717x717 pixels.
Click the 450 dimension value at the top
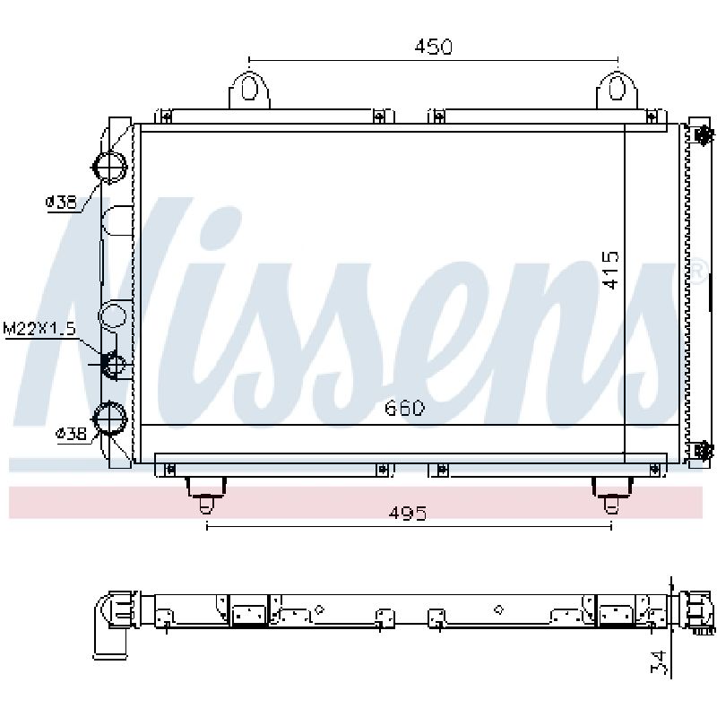point(433,47)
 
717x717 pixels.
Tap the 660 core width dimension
point(404,408)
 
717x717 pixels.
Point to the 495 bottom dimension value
point(408,513)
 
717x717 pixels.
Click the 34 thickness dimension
point(660,662)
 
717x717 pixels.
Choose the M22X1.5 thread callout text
point(39,329)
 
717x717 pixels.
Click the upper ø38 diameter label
point(61,202)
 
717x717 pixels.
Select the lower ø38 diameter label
point(71,433)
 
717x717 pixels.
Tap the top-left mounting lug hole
point(249,87)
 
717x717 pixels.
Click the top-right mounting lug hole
point(617,87)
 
